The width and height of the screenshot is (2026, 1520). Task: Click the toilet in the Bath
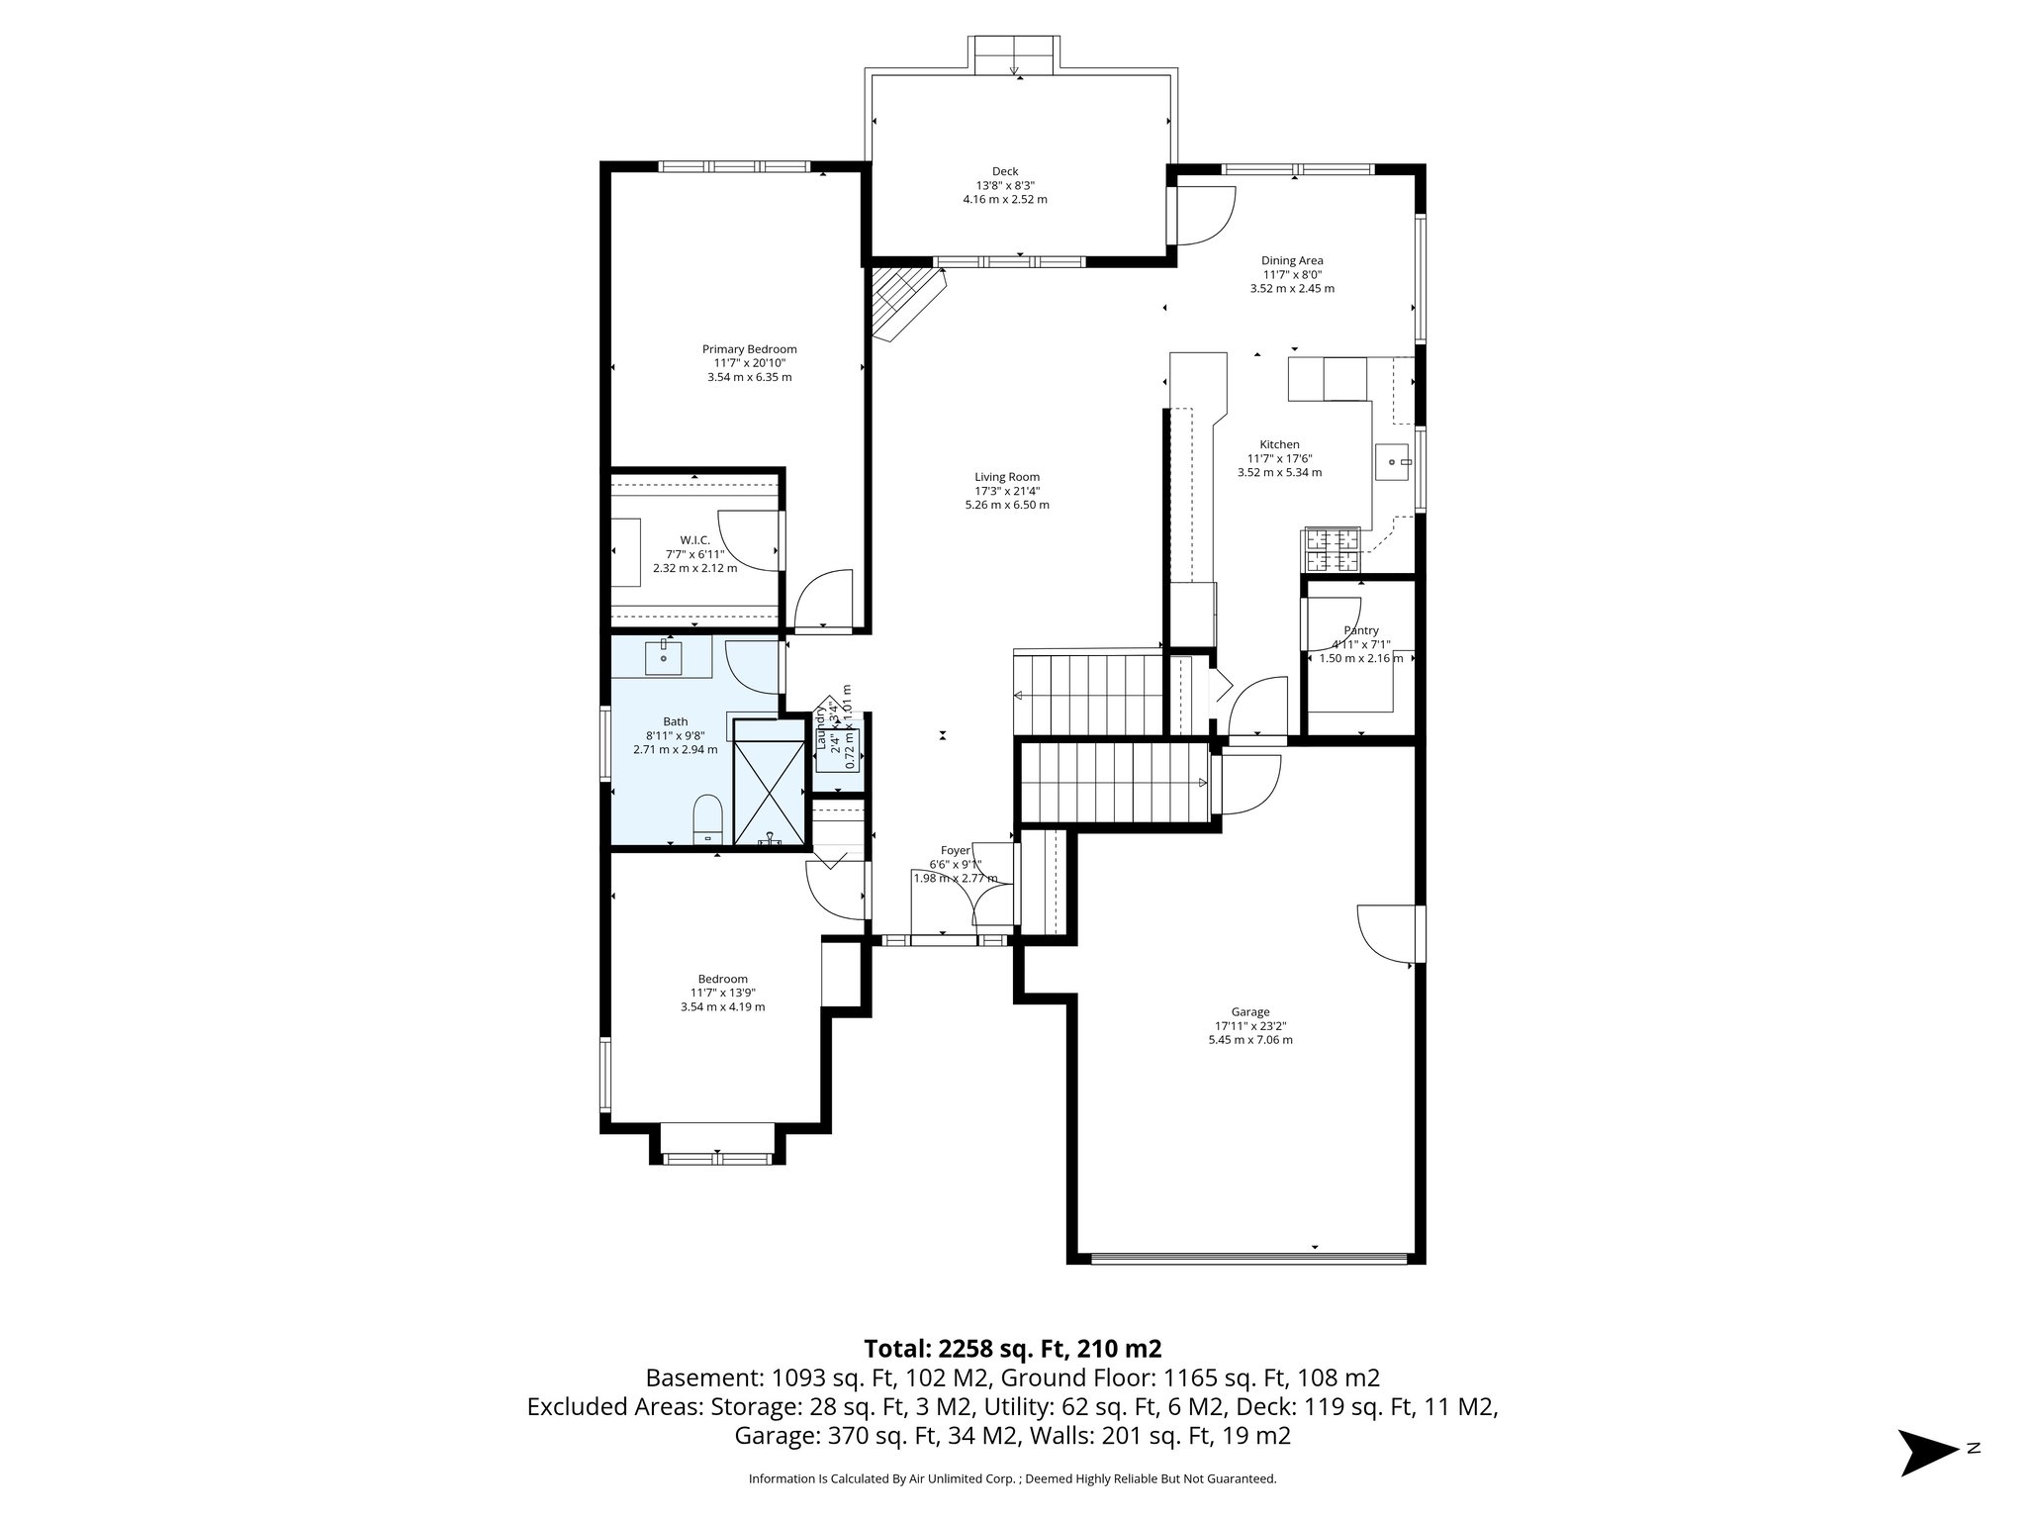pyautogui.click(x=707, y=817)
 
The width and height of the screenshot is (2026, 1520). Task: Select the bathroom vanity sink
pyautogui.click(x=663, y=655)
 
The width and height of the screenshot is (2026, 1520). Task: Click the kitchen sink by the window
pyautogui.click(x=1393, y=462)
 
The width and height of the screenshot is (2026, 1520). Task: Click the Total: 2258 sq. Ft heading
pyautogui.click(x=1012, y=1349)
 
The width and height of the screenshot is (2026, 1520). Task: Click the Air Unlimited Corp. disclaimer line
pyautogui.click(x=1012, y=1479)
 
